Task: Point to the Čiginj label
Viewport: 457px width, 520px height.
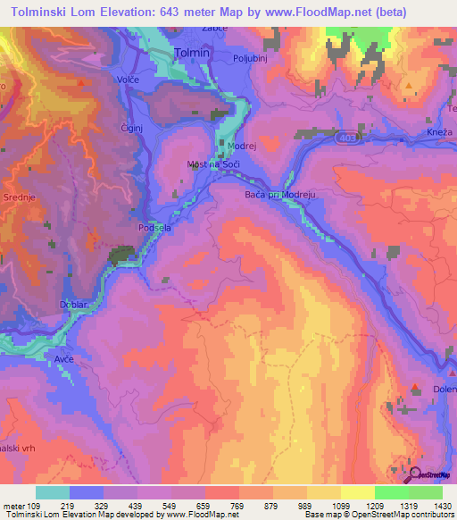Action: [132, 129]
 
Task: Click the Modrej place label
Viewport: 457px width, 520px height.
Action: [242, 144]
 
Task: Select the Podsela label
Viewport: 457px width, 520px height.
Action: [154, 228]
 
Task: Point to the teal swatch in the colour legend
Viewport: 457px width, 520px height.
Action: [52, 492]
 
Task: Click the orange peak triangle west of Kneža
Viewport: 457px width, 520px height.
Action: [409, 87]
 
